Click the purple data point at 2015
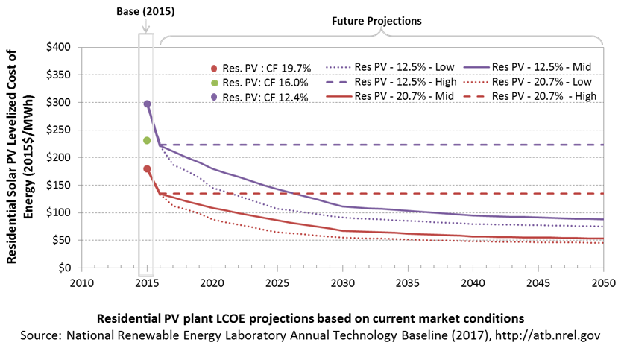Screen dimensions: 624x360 (147, 104)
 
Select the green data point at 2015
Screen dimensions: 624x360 (147, 140)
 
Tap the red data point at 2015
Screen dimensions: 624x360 (147, 168)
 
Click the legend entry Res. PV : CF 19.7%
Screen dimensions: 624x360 (261, 69)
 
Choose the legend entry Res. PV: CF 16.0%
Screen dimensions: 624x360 (259, 83)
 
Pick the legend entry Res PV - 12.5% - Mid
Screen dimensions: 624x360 (527, 67)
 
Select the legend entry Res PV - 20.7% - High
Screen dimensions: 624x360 (530, 96)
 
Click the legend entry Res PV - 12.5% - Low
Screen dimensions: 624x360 (390, 67)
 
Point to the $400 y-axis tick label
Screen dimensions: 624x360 (58, 47)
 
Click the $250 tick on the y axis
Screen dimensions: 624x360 (58, 130)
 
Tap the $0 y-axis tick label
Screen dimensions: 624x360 (64, 268)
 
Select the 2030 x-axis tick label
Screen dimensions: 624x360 (343, 283)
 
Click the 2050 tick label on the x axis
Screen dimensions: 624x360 (604, 283)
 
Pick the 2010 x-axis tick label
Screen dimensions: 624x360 (81, 283)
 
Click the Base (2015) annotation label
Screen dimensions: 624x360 (145, 11)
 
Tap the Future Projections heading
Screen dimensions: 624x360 (376, 21)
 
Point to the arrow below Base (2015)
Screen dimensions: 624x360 (145, 26)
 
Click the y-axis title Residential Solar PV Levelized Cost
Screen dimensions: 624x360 (11, 157)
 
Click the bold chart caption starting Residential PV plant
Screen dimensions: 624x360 (310, 318)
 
